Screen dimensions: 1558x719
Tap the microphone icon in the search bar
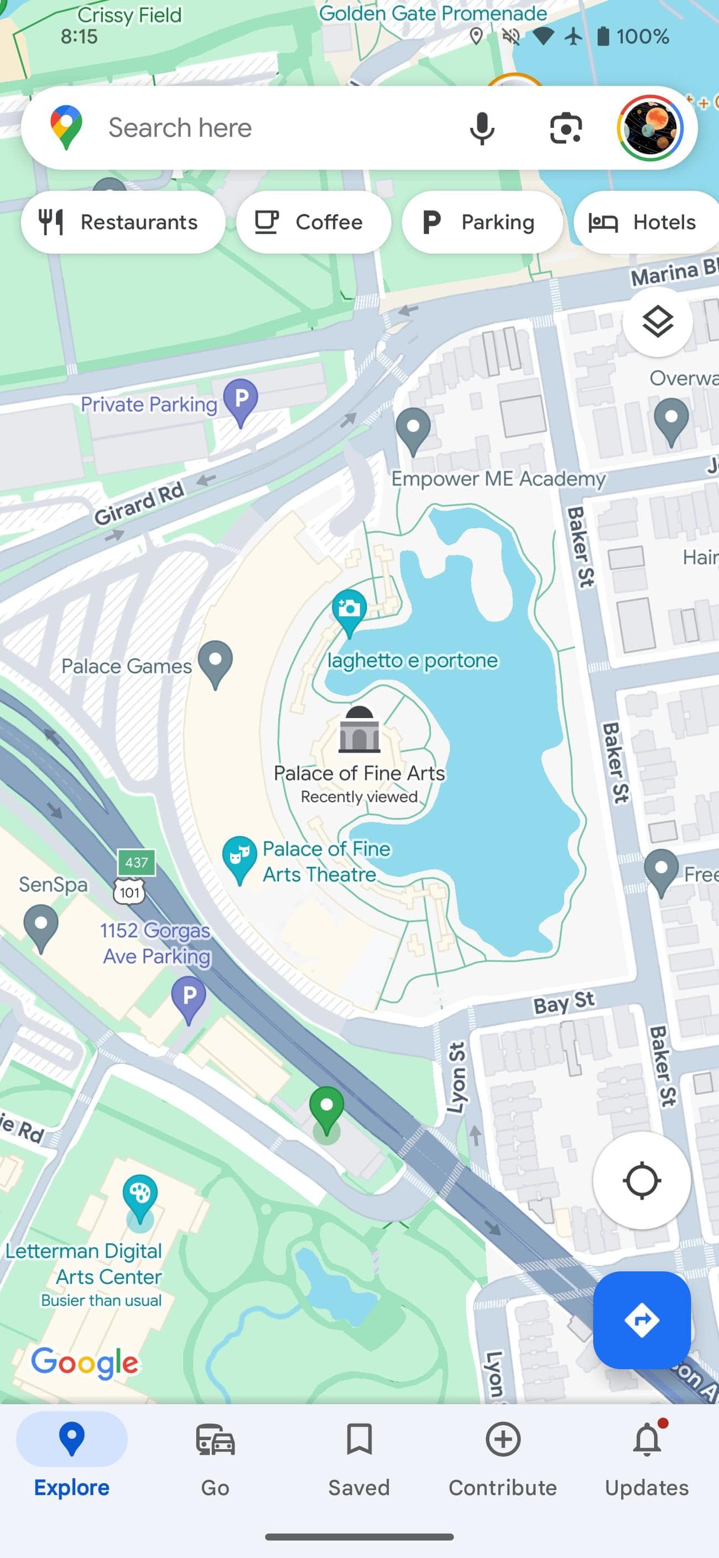coord(482,128)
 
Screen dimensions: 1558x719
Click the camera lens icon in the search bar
coord(565,128)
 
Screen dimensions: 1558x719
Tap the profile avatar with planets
coord(650,128)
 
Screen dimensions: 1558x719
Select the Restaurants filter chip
coord(123,222)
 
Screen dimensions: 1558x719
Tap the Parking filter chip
coord(482,222)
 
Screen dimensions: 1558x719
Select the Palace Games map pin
coord(216,663)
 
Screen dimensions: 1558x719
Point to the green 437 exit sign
coord(137,862)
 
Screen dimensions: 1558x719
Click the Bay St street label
coord(564,1003)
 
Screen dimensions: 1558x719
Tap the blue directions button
coord(642,1320)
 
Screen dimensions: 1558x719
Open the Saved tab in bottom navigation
coord(359,1458)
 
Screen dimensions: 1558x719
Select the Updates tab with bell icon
coord(647,1458)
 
